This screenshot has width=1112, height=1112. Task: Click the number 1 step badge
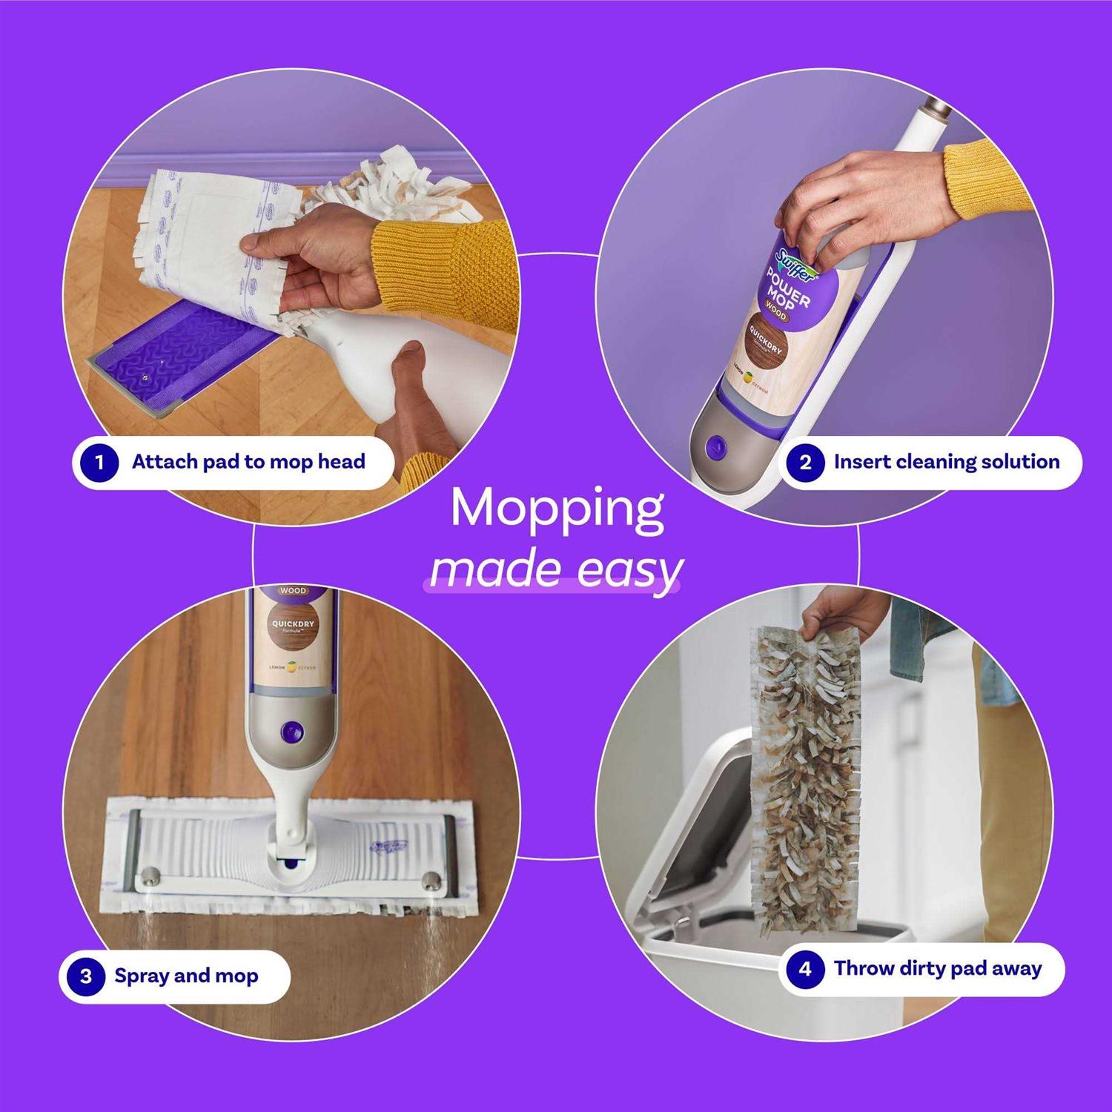click(99, 463)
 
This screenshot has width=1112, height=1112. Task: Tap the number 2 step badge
click(805, 463)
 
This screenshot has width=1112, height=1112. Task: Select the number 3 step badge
click(86, 976)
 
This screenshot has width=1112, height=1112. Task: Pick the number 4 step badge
click(805, 969)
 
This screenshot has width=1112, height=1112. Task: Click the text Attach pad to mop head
click(248, 462)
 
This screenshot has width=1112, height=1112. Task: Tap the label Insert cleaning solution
click(947, 462)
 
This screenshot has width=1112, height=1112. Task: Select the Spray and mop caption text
click(186, 976)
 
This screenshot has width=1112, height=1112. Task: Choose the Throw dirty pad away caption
click(938, 968)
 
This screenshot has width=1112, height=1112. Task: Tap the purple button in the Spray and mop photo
click(291, 732)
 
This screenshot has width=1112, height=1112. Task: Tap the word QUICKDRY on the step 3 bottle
click(293, 624)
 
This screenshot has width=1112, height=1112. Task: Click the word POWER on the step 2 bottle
click(788, 290)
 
